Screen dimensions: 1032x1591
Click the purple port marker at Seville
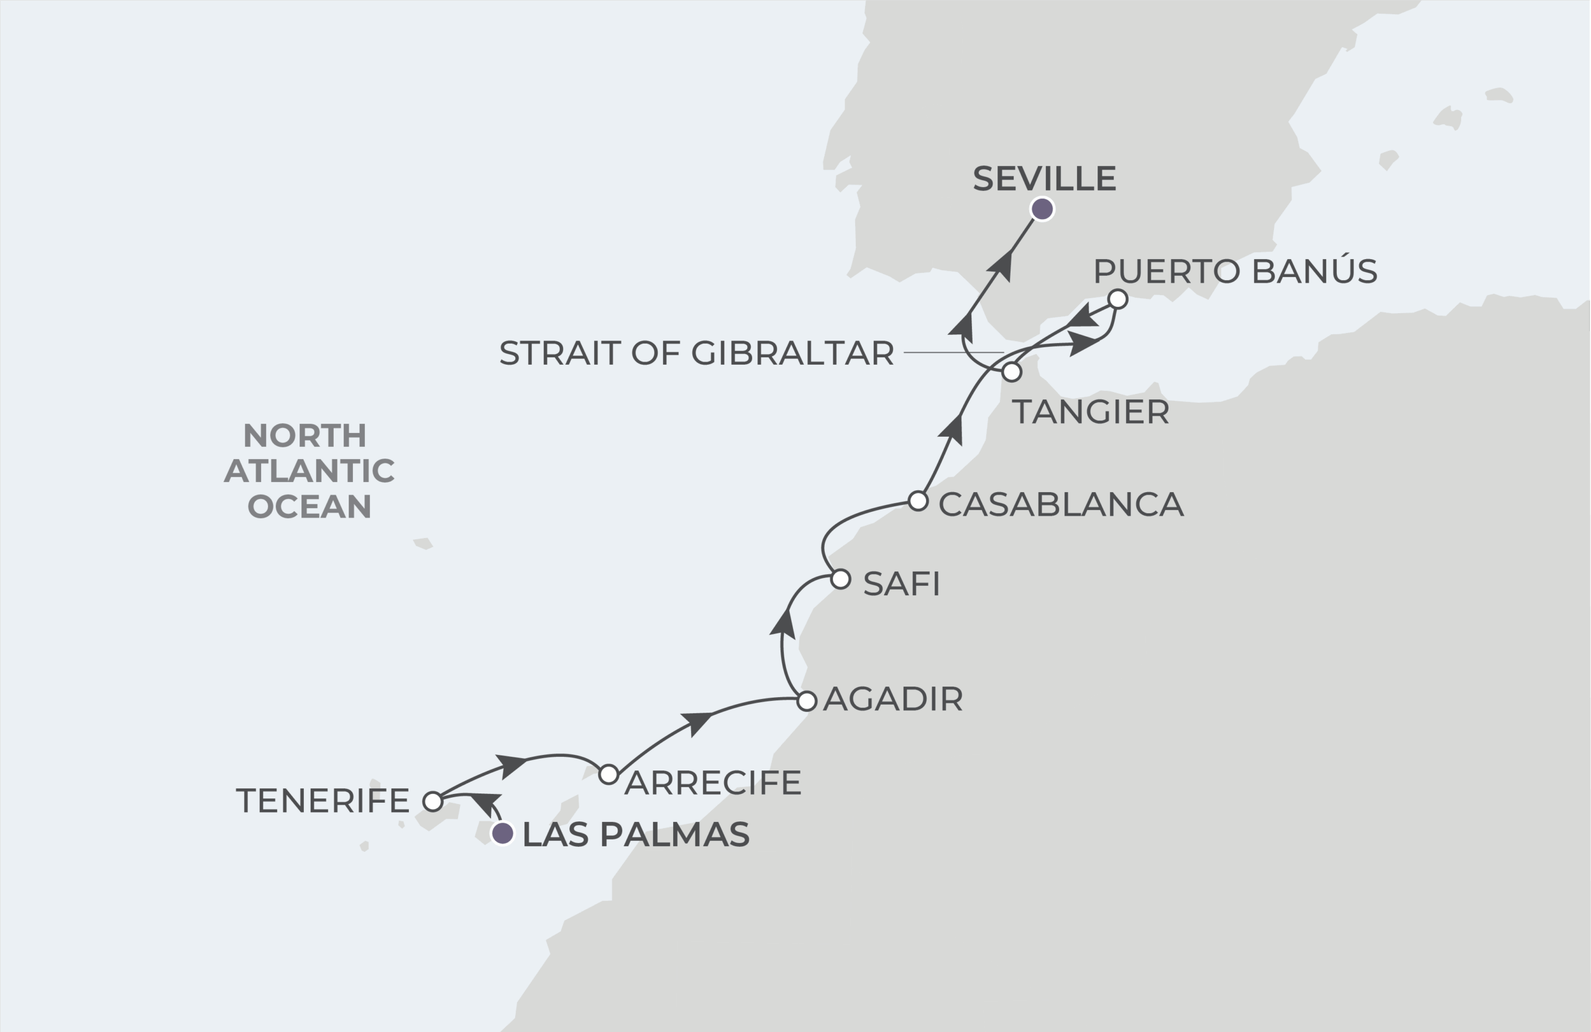click(x=1042, y=209)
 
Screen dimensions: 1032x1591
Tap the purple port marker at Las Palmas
click(x=502, y=833)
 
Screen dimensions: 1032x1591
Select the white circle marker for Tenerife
click(x=433, y=801)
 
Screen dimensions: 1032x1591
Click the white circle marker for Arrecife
click(x=608, y=775)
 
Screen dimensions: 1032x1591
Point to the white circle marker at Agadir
click(x=807, y=701)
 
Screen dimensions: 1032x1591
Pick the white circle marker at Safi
click(x=841, y=580)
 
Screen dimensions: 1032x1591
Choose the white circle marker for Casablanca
click(x=919, y=501)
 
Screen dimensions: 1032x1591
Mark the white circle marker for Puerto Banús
click(x=1117, y=299)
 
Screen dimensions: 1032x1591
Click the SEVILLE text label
click(x=1044, y=179)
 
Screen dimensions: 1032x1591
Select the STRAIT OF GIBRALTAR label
click(x=697, y=353)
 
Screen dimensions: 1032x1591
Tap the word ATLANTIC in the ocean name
click(x=309, y=471)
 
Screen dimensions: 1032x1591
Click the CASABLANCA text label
click(x=1061, y=505)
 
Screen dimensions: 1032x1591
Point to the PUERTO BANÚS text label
click(x=1236, y=272)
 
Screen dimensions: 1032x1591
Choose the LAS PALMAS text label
click(x=636, y=835)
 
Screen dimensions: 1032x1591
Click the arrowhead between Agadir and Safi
click(x=783, y=623)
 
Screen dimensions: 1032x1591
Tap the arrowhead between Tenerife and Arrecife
click(x=511, y=765)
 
